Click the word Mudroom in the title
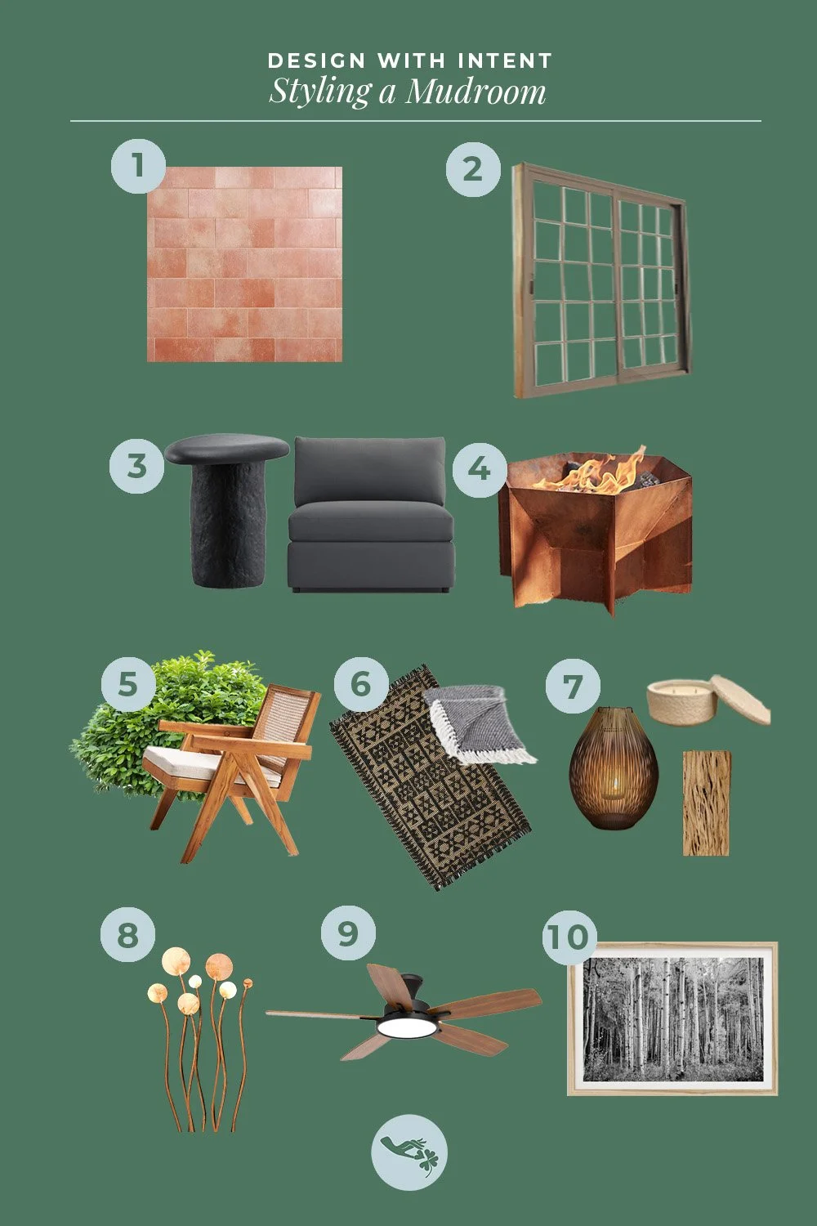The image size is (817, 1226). pos(475,91)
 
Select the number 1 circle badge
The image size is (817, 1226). pos(138,166)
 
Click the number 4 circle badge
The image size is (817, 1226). pos(480,469)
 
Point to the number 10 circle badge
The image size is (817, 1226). pos(569,936)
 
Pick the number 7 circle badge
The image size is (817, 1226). pos(573,686)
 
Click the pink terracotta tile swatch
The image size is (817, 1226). pos(245,264)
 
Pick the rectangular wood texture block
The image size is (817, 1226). pos(706,803)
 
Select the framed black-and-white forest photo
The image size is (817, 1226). pos(672,1018)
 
